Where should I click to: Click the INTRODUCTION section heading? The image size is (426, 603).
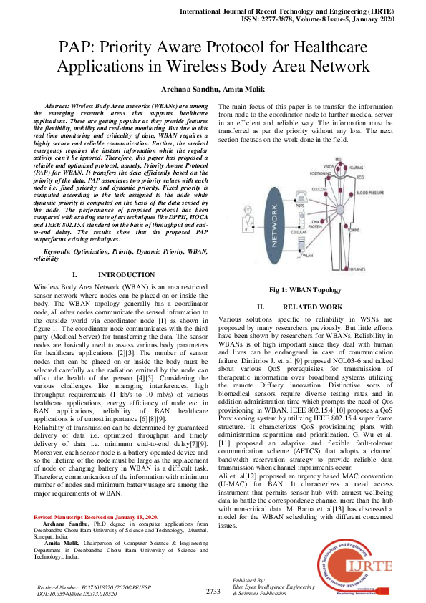[x=125, y=275]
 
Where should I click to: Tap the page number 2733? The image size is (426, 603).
[x=213, y=591]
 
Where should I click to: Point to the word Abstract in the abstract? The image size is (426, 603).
[x=59, y=105]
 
